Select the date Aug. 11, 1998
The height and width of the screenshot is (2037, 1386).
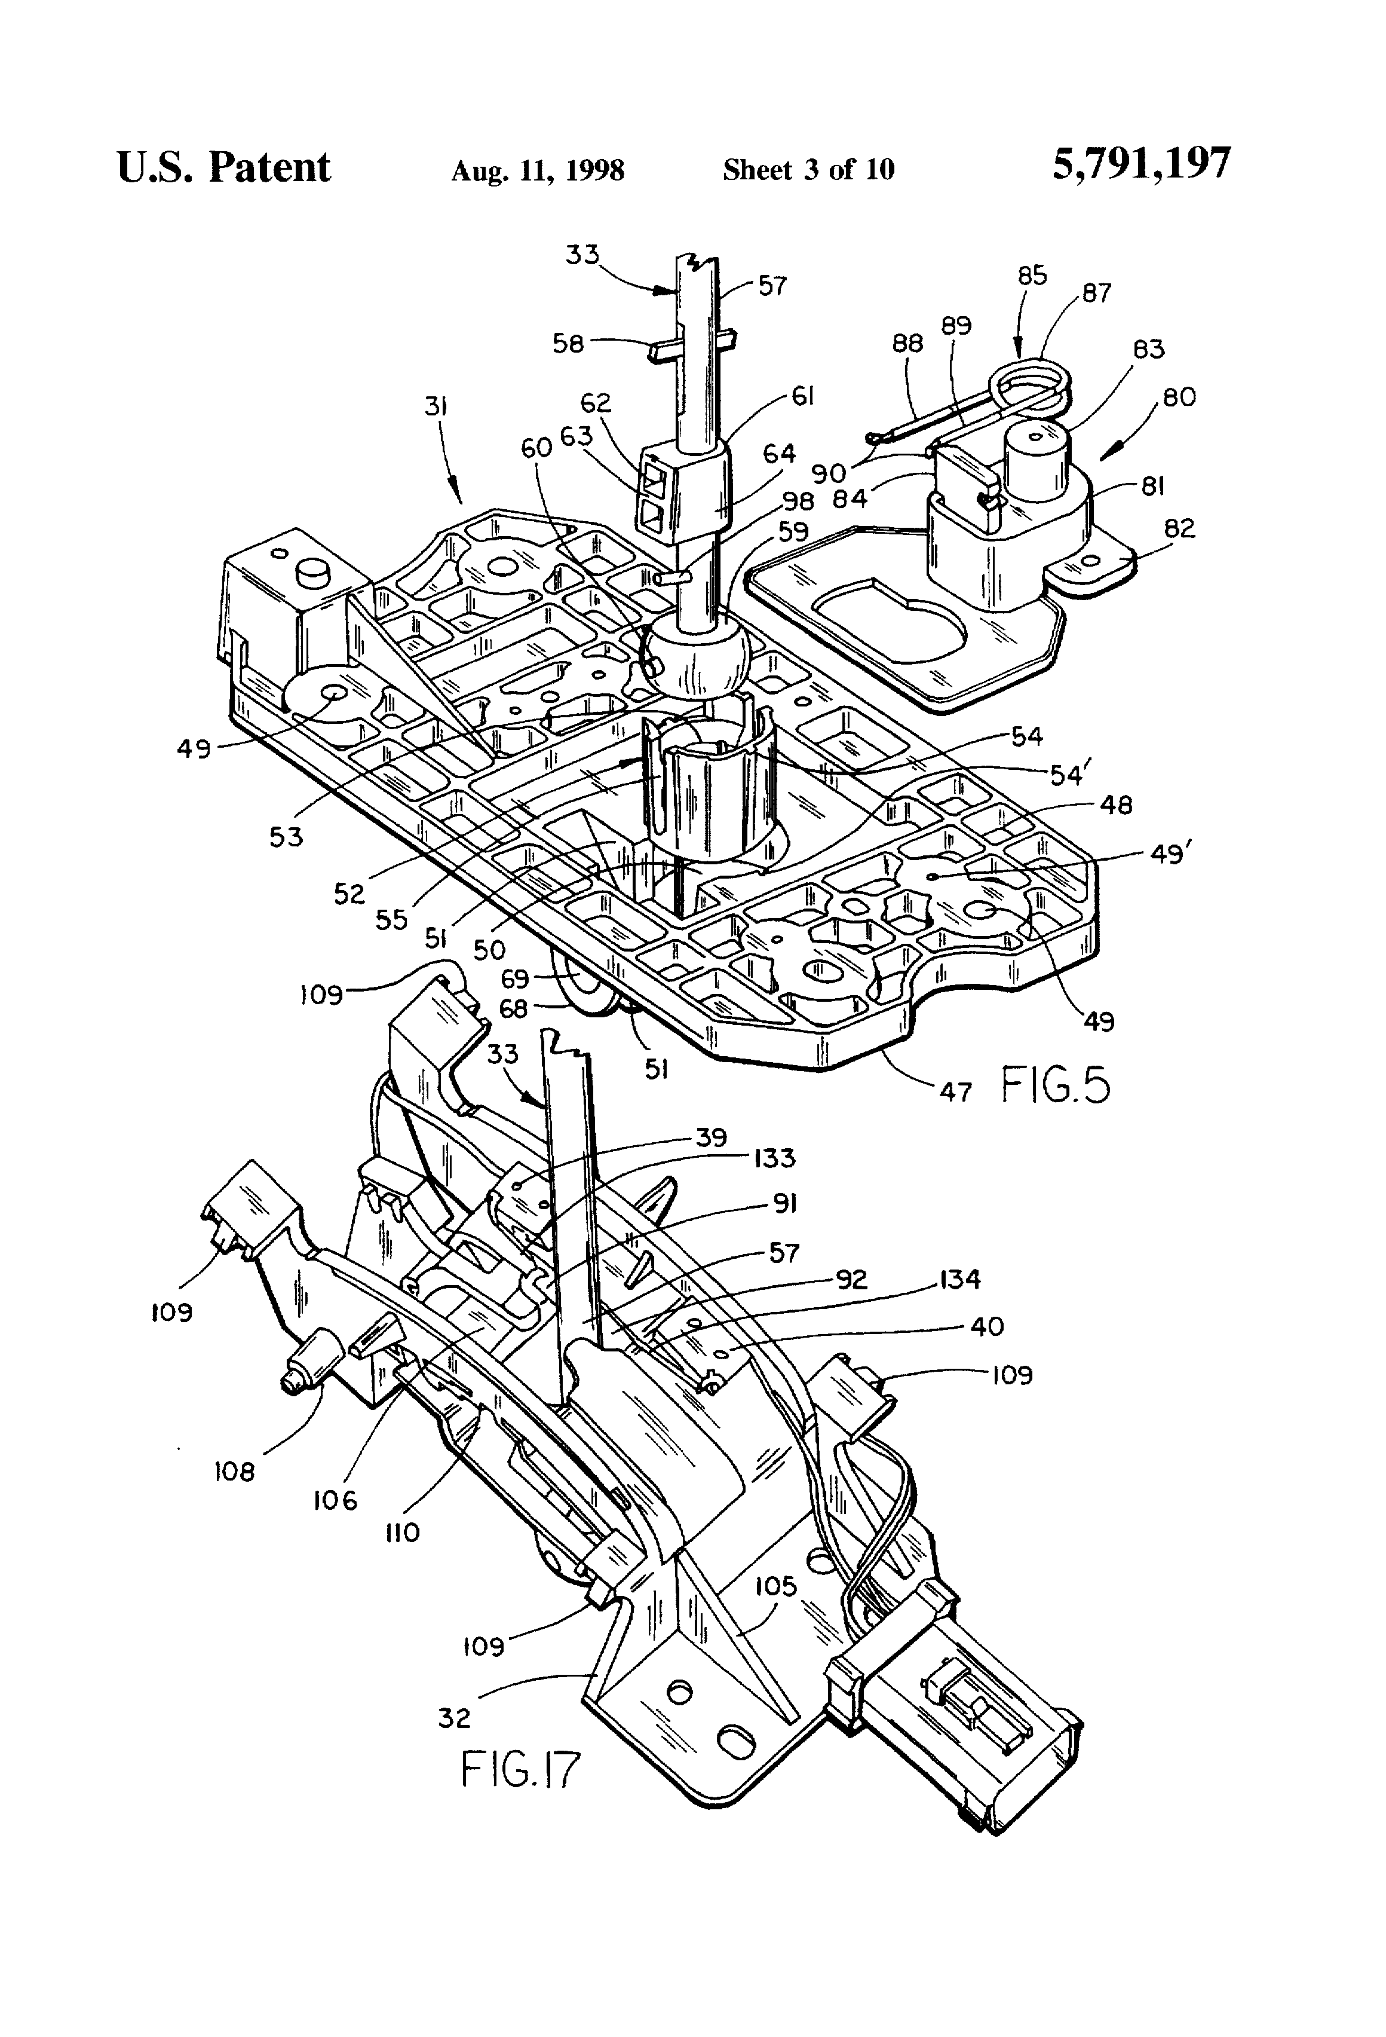click(x=537, y=170)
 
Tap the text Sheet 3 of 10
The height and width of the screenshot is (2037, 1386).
click(x=808, y=169)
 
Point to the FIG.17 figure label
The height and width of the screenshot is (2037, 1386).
click(x=520, y=1768)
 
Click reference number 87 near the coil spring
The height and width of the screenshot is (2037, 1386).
click(x=1096, y=293)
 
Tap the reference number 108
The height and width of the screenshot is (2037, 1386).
click(x=234, y=1472)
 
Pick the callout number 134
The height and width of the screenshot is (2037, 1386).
click(x=959, y=1279)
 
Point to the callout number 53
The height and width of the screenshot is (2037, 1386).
click(x=286, y=836)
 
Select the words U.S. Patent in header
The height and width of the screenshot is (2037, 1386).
click(x=223, y=167)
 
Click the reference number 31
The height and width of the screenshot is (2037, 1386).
click(x=436, y=406)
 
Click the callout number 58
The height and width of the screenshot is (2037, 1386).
click(x=568, y=344)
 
